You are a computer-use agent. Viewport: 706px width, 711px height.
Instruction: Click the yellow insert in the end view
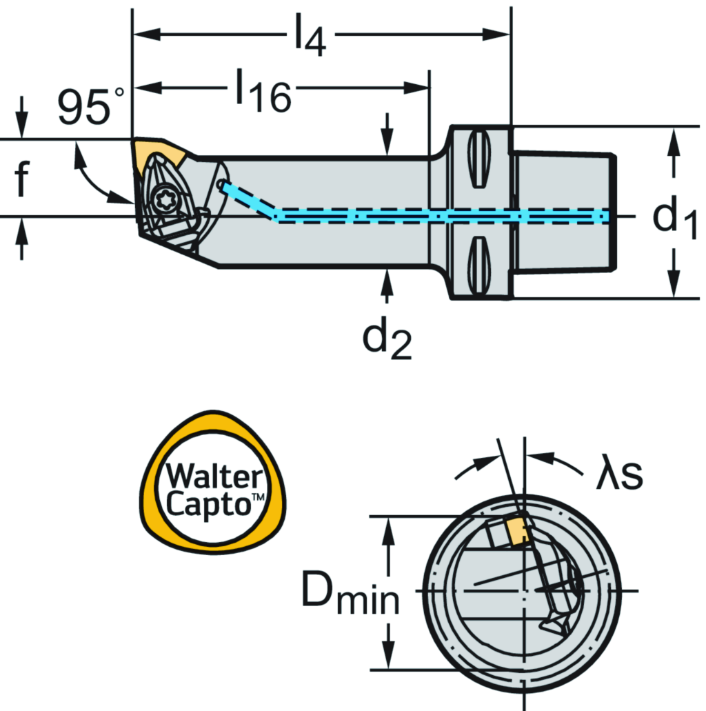coord(516,530)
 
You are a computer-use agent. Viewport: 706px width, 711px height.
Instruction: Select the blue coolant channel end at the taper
coord(604,217)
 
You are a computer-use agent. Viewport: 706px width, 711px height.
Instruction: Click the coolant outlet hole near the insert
coord(221,184)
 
